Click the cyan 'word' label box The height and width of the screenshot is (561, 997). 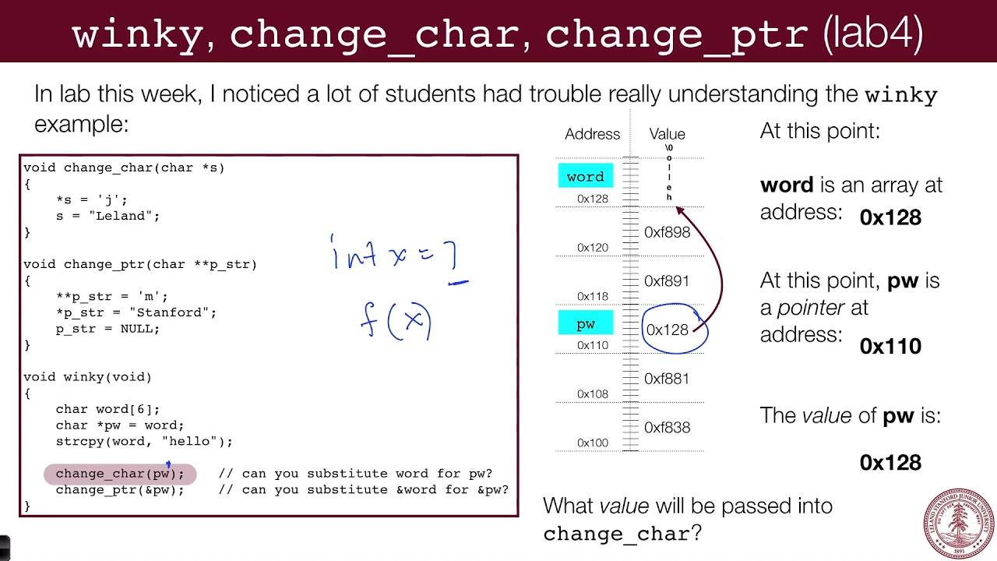[x=586, y=176]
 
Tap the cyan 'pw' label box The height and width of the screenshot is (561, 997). [x=586, y=323]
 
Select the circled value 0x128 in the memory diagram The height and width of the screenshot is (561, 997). [x=668, y=330]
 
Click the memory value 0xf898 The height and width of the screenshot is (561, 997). [x=667, y=232]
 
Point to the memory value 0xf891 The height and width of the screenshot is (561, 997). [x=667, y=281]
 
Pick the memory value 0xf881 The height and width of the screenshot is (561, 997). [x=667, y=379]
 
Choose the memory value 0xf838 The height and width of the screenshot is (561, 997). [x=667, y=427]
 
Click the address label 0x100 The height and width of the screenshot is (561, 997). [x=593, y=443]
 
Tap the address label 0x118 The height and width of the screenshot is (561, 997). [x=593, y=296]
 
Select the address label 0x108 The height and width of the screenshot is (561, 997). [x=593, y=393]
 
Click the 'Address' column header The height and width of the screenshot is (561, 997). [x=592, y=134]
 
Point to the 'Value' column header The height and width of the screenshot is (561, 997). [x=667, y=134]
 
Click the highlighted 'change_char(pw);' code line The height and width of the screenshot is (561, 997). [x=120, y=473]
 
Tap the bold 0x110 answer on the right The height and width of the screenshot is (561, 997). [x=890, y=346]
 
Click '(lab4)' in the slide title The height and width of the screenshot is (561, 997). [x=873, y=34]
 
